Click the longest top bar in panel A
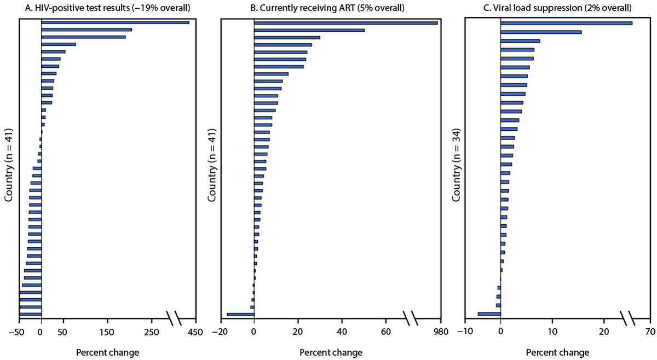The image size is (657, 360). [115, 22]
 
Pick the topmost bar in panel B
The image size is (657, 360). [345, 23]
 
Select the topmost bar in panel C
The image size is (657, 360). [566, 23]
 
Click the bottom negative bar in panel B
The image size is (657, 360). [240, 315]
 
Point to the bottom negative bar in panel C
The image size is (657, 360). [489, 314]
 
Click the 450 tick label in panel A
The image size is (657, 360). [195, 332]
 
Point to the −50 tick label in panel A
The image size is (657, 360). [19, 332]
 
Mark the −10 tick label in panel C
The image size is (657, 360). [464, 332]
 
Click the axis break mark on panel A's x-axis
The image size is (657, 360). [174, 317]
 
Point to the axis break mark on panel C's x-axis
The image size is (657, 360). [627, 317]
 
